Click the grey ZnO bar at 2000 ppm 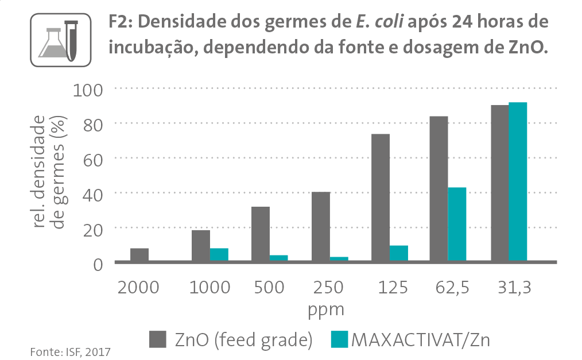point(139,255)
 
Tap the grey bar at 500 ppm point(261,234)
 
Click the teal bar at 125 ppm point(399,253)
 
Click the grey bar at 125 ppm point(381,198)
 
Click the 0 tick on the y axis point(99,264)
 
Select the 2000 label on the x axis point(138,287)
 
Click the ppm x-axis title point(326,311)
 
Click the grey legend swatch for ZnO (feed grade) point(157,339)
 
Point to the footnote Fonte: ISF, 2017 point(69,351)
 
